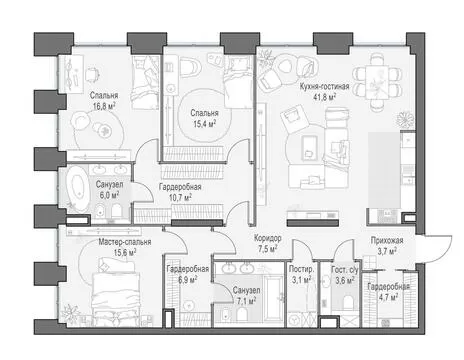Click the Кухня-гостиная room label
pyautogui.click(x=324, y=87)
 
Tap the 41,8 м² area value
pyautogui.click(x=324, y=97)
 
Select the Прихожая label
pyautogui.click(x=387, y=240)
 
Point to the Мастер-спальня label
pyautogui.click(x=125, y=242)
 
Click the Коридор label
pyautogui.click(x=268, y=238)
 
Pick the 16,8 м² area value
pyautogui.click(x=103, y=107)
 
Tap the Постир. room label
pyautogui.click(x=301, y=269)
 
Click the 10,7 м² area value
pyautogui.click(x=180, y=198)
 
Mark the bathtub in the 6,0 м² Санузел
pyautogui.click(x=78, y=188)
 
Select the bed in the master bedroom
pyautogui.click(x=115, y=293)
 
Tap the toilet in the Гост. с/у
pyautogui.click(x=348, y=303)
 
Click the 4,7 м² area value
pyautogui.click(x=388, y=296)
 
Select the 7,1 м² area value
pyautogui.click(x=246, y=301)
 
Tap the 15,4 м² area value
pyautogui.click(x=205, y=124)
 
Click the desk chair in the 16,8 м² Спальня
pyautogui.click(x=92, y=74)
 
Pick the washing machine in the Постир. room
pyautogui.click(x=295, y=319)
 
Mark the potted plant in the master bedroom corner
pyautogui.click(x=69, y=313)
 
